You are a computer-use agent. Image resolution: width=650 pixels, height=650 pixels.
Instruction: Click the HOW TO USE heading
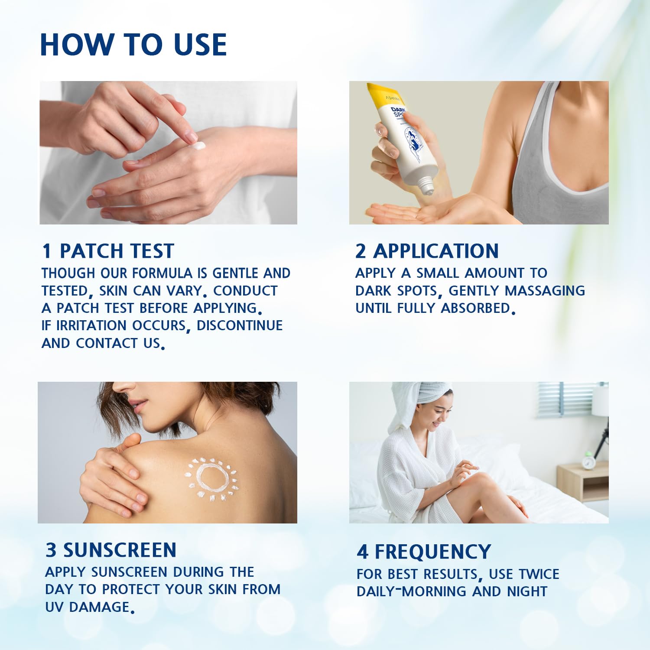pos(133,44)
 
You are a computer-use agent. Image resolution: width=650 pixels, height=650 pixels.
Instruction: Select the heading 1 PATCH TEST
pos(108,251)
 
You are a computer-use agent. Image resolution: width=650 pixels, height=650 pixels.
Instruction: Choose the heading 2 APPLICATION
pos(427,251)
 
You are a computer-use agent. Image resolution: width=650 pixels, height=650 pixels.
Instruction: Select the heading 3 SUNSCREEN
pos(111,550)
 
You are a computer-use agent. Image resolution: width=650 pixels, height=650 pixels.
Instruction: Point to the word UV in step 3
pos(55,607)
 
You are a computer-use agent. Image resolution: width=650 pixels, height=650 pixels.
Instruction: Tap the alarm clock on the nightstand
pos(588,460)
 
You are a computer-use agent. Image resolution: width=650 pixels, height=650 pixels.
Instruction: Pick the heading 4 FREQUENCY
pos(424,552)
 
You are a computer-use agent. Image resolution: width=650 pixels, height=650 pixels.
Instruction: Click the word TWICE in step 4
pos(539,574)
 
